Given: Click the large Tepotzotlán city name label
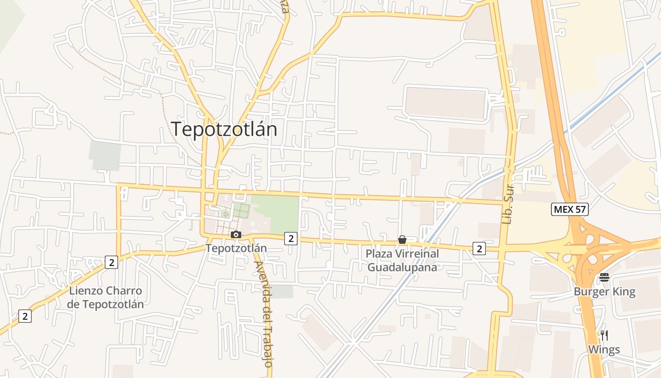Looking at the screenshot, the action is [x=224, y=129].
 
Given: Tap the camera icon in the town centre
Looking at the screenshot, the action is [x=236, y=235].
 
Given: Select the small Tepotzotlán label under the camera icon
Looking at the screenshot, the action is [x=236, y=248].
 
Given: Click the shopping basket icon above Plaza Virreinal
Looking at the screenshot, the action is [x=402, y=240].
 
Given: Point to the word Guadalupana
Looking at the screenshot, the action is [x=402, y=267].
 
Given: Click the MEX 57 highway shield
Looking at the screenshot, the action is [x=570, y=209].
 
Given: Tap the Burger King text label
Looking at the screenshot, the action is [x=604, y=292].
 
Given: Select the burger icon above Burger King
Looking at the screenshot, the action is [x=604, y=277].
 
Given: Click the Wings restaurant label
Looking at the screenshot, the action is [x=604, y=350].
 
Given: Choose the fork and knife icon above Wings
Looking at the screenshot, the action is [x=604, y=336].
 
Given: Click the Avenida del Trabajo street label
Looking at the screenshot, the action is [x=263, y=314].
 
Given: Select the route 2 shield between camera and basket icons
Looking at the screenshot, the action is [x=291, y=239].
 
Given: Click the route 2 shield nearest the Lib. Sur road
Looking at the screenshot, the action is [x=479, y=248].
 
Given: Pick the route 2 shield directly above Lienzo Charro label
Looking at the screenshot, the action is [x=111, y=262].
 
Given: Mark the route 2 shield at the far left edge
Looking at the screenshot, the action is [x=25, y=316].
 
